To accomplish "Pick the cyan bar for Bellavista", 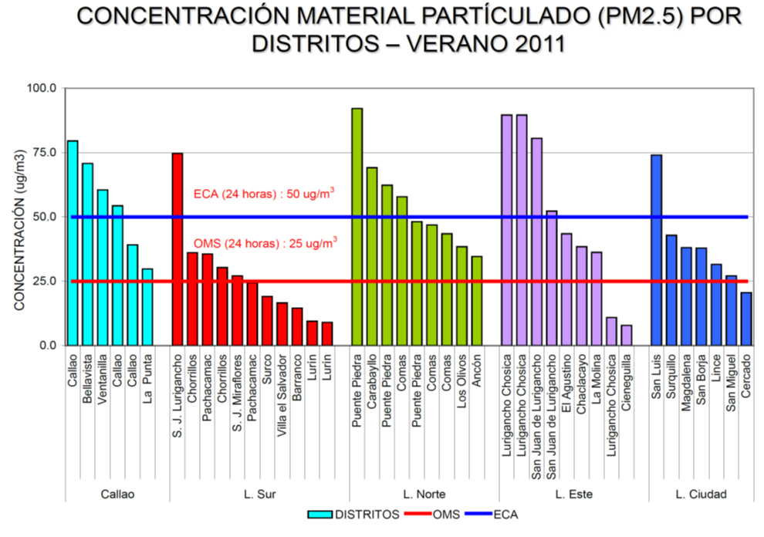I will pos(87,254).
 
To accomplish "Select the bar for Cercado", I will pos(746,319).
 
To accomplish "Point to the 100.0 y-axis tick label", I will pos(42,88).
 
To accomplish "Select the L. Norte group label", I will pos(423,494).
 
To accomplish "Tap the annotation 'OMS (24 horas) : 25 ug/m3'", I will pos(268,243).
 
